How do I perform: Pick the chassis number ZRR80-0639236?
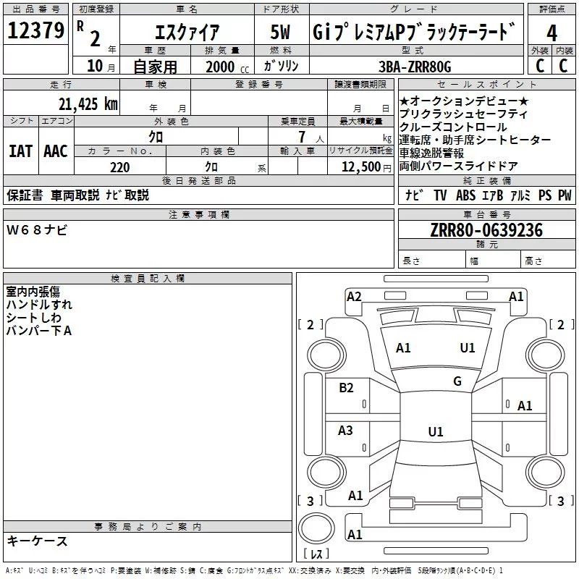coord(486,230)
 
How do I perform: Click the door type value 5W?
coord(282,33)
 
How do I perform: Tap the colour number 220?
coord(119,167)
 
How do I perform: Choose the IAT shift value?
coord(20,151)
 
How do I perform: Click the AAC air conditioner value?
coord(56,151)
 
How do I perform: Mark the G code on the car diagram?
coord(457,381)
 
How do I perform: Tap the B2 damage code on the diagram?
coord(347,388)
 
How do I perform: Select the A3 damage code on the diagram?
coord(346,431)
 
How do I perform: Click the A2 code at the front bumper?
coord(354,296)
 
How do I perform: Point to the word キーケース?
coord(37,541)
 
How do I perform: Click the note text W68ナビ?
coord(37,230)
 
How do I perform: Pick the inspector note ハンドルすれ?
coord(39,305)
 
